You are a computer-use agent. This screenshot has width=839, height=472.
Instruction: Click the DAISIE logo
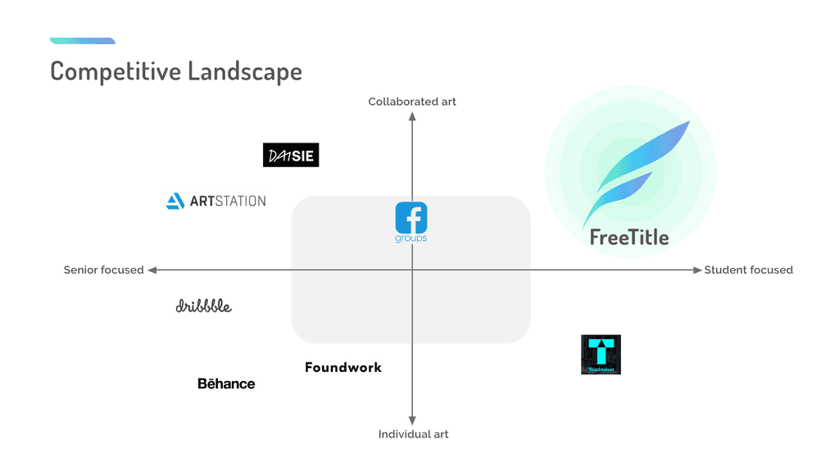tap(291, 155)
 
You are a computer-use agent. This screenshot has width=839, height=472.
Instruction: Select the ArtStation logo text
tap(228, 201)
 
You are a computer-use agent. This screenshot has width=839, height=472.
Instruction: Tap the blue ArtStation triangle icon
tap(175, 201)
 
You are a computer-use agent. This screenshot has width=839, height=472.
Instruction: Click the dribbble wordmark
tap(204, 306)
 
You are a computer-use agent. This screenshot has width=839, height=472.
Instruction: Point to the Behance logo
tap(226, 383)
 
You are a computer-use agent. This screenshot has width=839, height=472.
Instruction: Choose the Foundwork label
tap(343, 367)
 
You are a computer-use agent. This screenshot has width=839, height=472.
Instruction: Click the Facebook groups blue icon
tap(411, 218)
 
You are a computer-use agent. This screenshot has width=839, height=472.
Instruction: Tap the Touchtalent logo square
tap(601, 354)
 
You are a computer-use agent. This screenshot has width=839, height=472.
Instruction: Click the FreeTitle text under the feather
tap(629, 238)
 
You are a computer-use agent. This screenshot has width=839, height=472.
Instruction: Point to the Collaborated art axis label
tap(412, 102)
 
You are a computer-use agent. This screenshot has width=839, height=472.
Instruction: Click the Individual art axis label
tap(413, 434)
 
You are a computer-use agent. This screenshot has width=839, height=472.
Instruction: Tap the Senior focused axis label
tap(104, 270)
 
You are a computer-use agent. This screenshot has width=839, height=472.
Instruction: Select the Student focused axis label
tap(748, 270)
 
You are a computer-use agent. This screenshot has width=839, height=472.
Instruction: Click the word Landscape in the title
tap(245, 71)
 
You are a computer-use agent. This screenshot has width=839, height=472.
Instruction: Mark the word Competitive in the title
tap(116, 71)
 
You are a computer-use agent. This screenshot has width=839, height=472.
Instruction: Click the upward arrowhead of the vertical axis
tap(412, 116)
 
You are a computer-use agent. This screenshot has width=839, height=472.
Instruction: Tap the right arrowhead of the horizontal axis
tap(697, 270)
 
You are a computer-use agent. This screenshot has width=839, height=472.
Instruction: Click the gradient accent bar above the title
tap(82, 41)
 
